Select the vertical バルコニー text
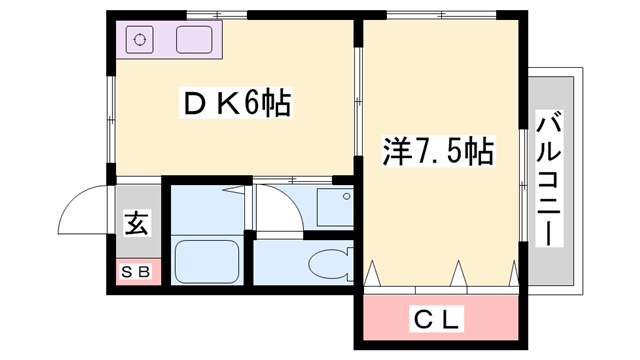[x=547, y=181]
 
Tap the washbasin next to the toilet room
[x=330, y=207]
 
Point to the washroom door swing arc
[x=275, y=205]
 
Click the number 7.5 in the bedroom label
[x=438, y=151]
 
